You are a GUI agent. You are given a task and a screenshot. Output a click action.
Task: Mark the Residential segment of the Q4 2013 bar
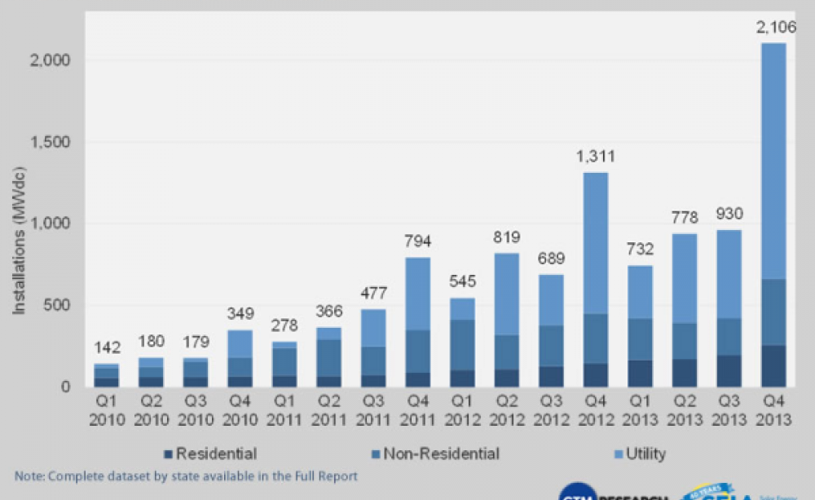pyautogui.click(x=773, y=366)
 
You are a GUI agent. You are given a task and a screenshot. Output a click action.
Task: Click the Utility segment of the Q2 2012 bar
pyautogui.click(x=506, y=294)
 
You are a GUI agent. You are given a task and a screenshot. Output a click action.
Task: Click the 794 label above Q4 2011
pyautogui.click(x=417, y=241)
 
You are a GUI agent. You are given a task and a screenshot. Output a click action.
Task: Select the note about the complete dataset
pyautogui.click(x=186, y=476)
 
